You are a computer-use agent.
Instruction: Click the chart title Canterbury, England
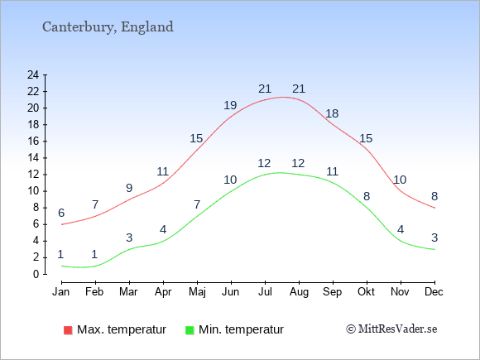[108, 27]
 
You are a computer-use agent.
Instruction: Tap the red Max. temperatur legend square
[68, 330]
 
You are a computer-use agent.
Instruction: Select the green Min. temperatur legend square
[190, 330]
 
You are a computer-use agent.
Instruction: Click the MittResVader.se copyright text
[391, 329]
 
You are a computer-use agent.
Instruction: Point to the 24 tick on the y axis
[33, 74]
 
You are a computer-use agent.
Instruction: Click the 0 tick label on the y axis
[36, 274]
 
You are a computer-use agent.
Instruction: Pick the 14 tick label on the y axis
[33, 158]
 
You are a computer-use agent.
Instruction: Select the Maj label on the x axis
[197, 292]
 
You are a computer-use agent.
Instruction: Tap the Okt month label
[366, 292]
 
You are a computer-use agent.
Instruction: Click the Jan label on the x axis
[61, 292]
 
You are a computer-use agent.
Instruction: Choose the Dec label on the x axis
[434, 292]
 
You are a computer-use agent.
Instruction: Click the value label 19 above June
[230, 105]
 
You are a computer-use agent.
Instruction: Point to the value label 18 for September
[332, 113]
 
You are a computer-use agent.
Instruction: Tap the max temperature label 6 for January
[61, 213]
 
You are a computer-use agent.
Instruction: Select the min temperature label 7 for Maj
[197, 204]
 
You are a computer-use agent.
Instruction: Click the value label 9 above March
[129, 188]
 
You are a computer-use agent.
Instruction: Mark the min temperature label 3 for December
[434, 238]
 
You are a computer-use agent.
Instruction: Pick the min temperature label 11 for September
[332, 171]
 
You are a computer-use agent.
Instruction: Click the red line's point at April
[163, 183]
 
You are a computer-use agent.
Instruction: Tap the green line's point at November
[401, 241]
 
